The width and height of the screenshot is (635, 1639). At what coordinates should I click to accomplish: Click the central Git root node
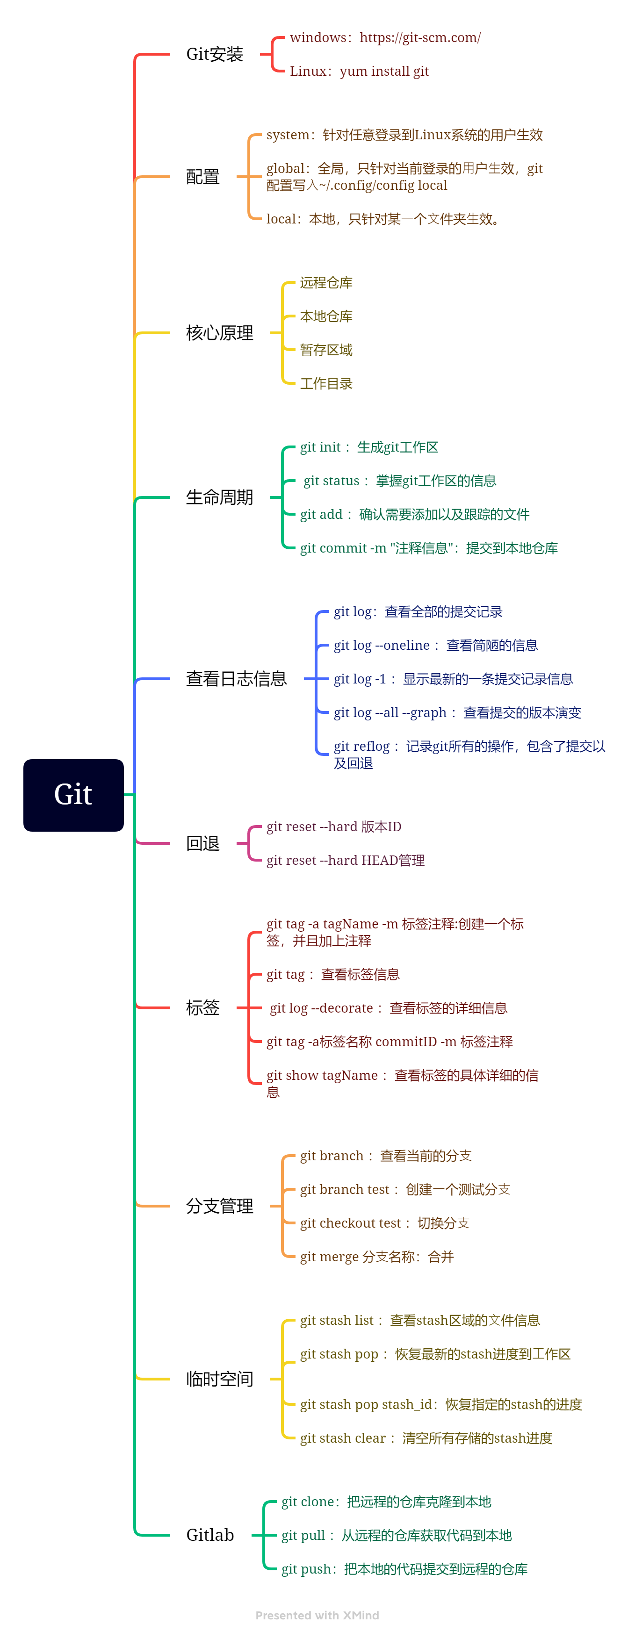[x=73, y=795]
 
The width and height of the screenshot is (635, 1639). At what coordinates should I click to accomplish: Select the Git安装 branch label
[x=215, y=55]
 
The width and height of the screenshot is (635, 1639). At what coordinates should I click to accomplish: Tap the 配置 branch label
[x=202, y=177]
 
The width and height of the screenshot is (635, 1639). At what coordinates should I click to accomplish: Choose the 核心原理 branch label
[x=219, y=333]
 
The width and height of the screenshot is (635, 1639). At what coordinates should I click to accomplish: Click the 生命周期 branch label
[x=219, y=497]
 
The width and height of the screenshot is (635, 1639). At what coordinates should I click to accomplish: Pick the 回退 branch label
[x=202, y=844]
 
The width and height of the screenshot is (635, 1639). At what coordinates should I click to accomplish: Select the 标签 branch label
[x=202, y=1008]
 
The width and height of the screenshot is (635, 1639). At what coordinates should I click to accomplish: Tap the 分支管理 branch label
[x=219, y=1206]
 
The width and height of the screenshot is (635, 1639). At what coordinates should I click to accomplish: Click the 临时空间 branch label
[x=219, y=1379]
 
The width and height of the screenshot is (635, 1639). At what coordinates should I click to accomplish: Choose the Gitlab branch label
[x=210, y=1535]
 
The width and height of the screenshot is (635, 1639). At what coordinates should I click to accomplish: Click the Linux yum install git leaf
[x=359, y=71]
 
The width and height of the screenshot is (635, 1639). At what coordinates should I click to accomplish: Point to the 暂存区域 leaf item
[x=326, y=350]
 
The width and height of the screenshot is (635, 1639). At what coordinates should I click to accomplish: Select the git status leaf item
[x=400, y=481]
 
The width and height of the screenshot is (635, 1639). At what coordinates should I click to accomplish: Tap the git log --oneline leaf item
[x=435, y=646]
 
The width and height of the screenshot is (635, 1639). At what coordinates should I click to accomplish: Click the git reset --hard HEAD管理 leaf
[x=345, y=861]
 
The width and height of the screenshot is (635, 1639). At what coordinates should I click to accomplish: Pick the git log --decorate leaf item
[x=388, y=1008]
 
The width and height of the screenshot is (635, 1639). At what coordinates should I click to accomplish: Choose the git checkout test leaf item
[x=384, y=1223]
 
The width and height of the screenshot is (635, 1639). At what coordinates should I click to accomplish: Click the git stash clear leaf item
[x=426, y=1438]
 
